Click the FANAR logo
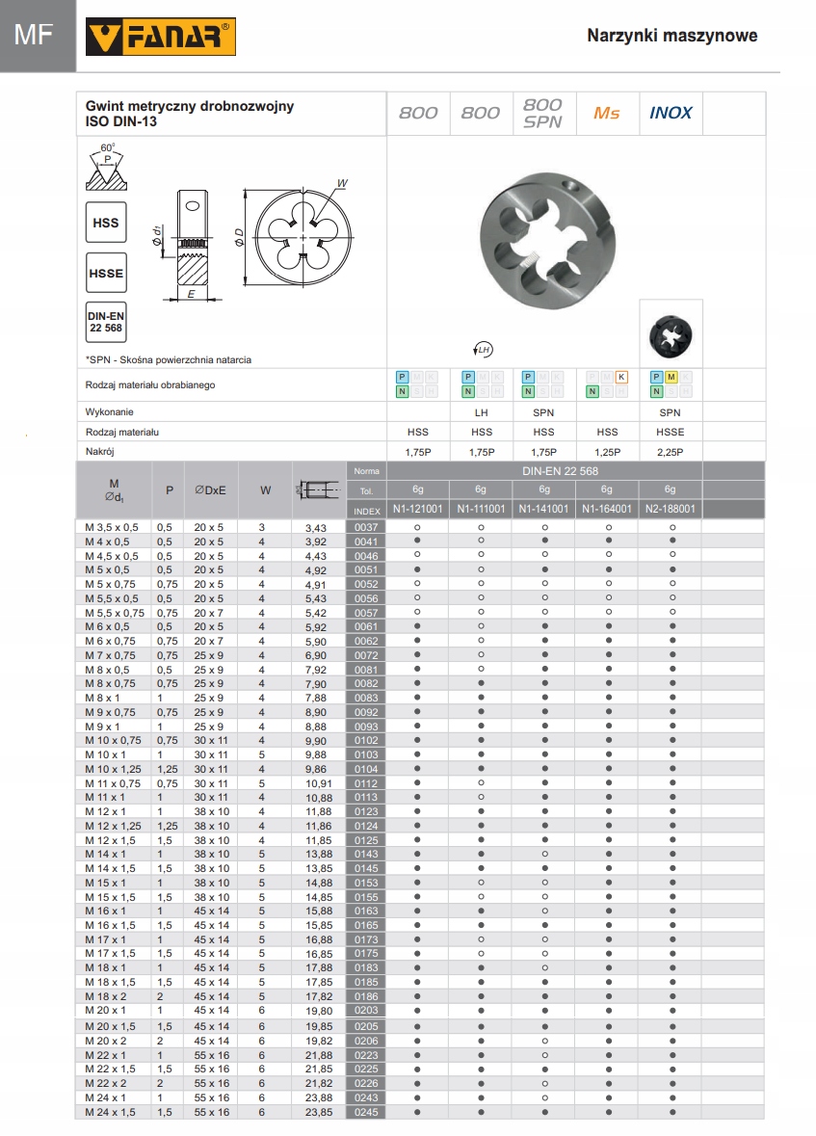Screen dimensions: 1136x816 click(x=161, y=38)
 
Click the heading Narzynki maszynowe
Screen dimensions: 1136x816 click(x=671, y=36)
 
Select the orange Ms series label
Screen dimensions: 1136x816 click(x=607, y=113)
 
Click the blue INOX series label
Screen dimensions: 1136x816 click(x=671, y=113)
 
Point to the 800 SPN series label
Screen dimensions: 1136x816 click(x=543, y=113)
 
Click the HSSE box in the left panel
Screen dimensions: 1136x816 click(x=106, y=273)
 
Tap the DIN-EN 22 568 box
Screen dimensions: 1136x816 click(x=106, y=322)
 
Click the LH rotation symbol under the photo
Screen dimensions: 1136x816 click(x=483, y=348)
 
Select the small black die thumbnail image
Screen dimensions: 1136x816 click(x=671, y=332)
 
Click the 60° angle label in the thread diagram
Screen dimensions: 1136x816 click(x=107, y=147)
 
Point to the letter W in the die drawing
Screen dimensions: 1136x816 click(x=341, y=182)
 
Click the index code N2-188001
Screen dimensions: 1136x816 click(x=671, y=509)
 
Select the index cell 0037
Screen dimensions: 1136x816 click(x=366, y=527)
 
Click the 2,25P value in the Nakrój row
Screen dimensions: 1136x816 click(x=671, y=452)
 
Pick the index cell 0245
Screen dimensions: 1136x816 click(x=366, y=1111)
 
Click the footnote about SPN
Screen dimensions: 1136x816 click(x=169, y=359)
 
